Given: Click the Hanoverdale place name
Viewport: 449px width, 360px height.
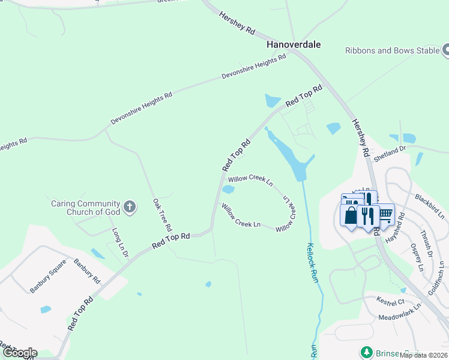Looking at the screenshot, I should coord(294,44).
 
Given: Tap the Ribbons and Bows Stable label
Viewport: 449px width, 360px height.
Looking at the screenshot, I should coord(393,51).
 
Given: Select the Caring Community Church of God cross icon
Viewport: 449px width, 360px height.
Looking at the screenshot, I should coord(129,208).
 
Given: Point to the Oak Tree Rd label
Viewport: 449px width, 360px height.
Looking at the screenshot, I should coord(162,216).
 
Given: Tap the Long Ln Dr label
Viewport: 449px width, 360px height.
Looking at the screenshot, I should coord(120,243).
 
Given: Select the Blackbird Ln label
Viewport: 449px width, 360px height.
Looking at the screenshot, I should coord(429,206).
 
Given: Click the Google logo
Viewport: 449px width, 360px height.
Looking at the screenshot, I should coord(19,353).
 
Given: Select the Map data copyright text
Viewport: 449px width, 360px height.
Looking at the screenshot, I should coord(424,355).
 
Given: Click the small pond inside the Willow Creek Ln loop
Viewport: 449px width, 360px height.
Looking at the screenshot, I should coord(228,190).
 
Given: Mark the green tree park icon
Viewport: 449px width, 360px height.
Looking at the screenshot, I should coord(364,352).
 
